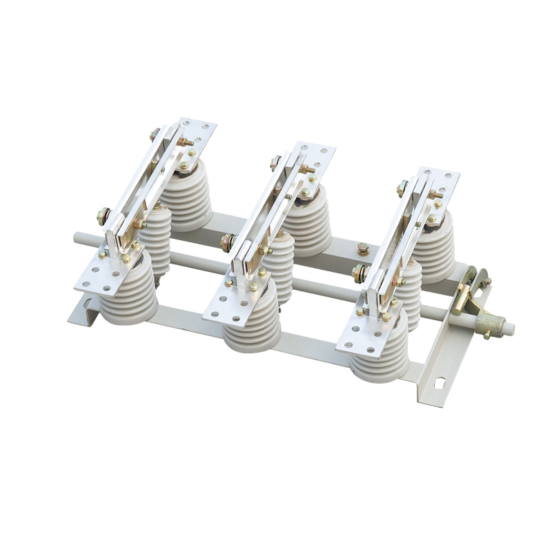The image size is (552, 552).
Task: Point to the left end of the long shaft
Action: point(78,239)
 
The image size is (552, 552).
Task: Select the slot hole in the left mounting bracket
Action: point(86,302)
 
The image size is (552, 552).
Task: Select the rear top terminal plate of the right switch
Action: point(437,181)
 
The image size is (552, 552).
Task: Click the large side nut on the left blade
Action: point(103,216)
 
